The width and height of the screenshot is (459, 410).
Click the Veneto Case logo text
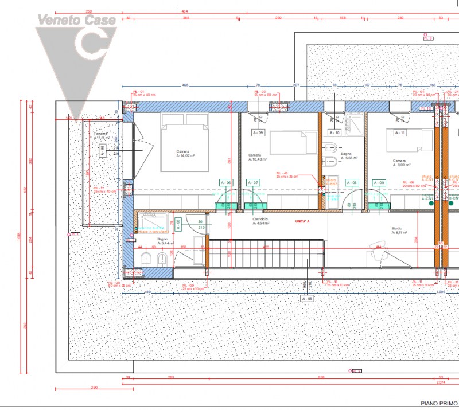pos(76,20)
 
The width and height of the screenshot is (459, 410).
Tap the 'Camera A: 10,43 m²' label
pos(259,157)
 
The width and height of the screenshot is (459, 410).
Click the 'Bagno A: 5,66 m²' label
pos(349,157)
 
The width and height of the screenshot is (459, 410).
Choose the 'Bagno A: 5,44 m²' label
pos(162,241)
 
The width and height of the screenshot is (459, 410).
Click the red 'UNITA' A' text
pos(302,221)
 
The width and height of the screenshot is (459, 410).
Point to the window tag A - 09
pos(258,133)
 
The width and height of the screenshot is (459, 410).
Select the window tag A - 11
pos(399,133)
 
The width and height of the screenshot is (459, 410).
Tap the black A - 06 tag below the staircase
pos(308,299)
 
